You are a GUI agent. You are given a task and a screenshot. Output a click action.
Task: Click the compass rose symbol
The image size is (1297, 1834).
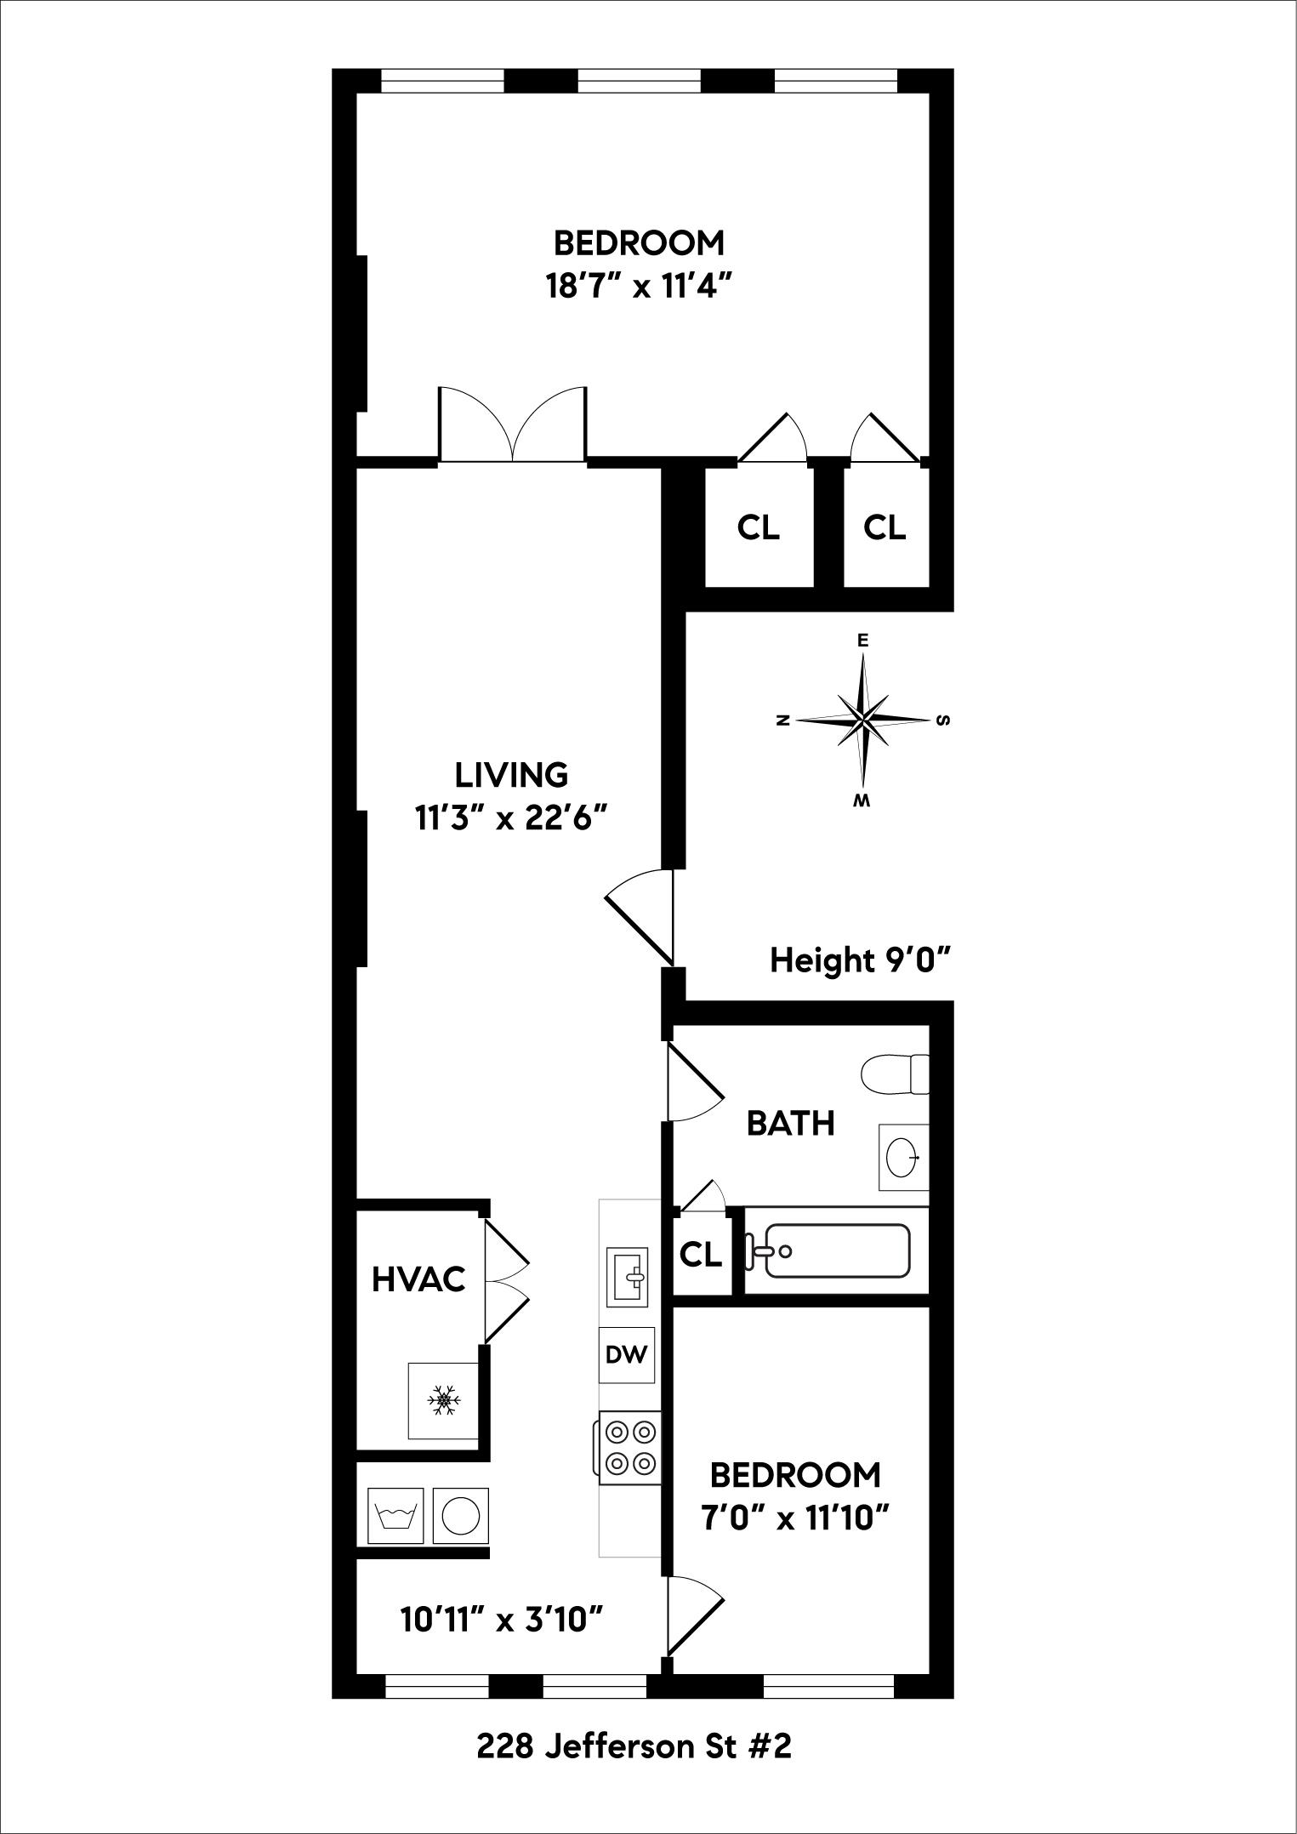click(x=864, y=720)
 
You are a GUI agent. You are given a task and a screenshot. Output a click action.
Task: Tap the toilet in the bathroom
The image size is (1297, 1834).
click(x=892, y=1074)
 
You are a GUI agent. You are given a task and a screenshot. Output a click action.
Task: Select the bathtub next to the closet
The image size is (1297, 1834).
click(x=836, y=1250)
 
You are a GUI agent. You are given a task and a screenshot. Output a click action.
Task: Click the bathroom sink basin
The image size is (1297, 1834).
click(x=902, y=1157)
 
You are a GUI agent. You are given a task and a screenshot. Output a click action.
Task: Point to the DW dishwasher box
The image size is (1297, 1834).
click(x=627, y=1353)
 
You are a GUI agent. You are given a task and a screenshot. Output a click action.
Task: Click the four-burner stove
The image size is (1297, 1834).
click(x=629, y=1448)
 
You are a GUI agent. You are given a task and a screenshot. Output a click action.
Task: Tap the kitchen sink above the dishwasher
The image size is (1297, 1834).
click(x=627, y=1276)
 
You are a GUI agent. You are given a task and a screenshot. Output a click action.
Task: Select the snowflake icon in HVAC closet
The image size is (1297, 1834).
click(x=443, y=1400)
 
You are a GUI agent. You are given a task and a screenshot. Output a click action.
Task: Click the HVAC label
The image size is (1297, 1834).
click(x=418, y=1279)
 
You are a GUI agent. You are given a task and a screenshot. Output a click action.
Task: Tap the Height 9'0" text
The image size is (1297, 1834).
click(x=859, y=961)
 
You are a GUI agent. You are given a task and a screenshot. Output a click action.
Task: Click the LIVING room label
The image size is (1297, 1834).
click(x=511, y=775)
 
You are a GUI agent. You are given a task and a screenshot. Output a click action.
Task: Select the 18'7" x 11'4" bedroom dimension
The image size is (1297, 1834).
click(x=639, y=287)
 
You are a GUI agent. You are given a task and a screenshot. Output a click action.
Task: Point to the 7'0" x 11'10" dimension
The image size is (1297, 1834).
click(x=794, y=1518)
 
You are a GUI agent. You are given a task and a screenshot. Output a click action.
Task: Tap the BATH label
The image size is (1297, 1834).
click(x=790, y=1124)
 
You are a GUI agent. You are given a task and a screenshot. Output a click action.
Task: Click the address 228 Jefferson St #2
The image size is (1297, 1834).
click(x=634, y=1747)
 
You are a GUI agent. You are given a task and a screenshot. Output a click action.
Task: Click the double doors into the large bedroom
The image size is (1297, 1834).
click(x=512, y=425)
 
